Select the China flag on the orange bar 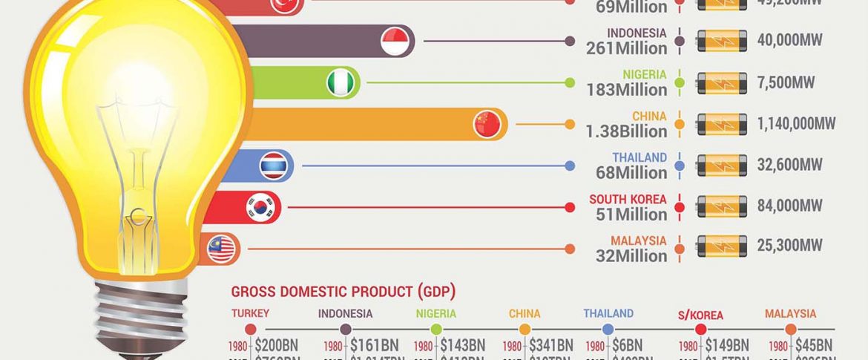point(487,124)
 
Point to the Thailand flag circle point(274,166)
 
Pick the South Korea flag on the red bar point(261,207)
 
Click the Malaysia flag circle point(221,249)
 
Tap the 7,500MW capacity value point(786,82)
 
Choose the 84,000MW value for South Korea point(789,206)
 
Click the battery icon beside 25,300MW point(722,246)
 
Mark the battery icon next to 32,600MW point(722,164)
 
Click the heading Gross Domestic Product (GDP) point(343,292)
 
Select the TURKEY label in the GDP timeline point(250,314)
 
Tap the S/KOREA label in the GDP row point(700,315)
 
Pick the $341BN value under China point(550,345)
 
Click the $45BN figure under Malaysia point(814,345)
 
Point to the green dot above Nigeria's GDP point(436,329)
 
